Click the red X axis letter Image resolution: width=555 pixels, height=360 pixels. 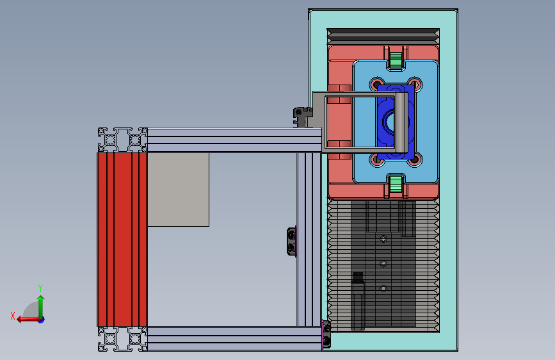[13, 316]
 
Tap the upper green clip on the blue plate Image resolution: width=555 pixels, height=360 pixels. [396, 60]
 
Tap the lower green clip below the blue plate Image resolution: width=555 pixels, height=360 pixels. [396, 184]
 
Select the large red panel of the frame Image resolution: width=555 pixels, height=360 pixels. [122, 240]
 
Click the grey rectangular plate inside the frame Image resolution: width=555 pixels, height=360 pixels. [179, 190]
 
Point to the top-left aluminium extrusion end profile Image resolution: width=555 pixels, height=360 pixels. [123, 140]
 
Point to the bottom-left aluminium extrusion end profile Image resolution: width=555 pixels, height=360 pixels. [123, 339]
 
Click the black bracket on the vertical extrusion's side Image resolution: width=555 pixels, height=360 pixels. [291, 241]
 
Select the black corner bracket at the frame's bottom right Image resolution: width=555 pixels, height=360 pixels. [326, 334]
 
